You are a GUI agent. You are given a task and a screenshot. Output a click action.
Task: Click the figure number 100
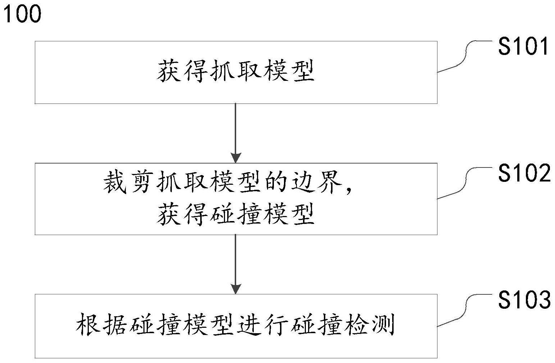pyautogui.click(x=23, y=14)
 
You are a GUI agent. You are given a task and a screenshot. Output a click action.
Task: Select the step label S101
pyautogui.click(x=523, y=47)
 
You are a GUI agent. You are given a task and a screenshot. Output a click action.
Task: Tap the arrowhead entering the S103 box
pyautogui.click(x=235, y=289)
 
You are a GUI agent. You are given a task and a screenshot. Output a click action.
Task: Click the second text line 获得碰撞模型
pyautogui.click(x=236, y=215)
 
